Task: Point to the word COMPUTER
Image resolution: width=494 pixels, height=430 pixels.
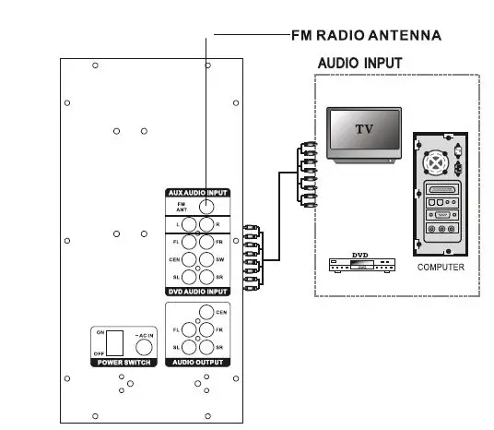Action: (x=441, y=268)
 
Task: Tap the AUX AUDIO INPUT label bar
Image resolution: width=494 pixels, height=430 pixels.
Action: (x=197, y=193)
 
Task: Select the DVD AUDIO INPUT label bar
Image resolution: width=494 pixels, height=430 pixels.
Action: (x=197, y=291)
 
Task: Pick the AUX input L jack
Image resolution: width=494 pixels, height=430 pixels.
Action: (x=189, y=224)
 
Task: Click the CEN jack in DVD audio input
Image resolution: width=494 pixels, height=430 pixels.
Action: (x=189, y=259)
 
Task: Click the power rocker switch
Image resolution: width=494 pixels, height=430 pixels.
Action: (x=113, y=342)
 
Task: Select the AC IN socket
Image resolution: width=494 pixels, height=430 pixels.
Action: (x=143, y=347)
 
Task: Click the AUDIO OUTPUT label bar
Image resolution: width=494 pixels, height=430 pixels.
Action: (x=197, y=363)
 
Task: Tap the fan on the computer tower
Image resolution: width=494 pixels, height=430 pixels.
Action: (x=433, y=162)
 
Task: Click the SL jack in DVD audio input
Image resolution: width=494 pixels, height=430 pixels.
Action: (x=189, y=277)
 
